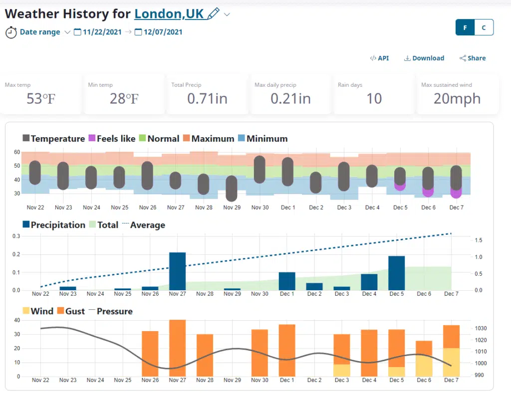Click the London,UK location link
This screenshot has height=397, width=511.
[169, 13]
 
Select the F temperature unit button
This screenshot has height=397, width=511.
[465, 28]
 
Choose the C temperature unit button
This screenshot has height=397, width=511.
[484, 28]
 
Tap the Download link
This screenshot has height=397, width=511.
[424, 58]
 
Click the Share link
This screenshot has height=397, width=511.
[473, 58]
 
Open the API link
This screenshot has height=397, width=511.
[379, 58]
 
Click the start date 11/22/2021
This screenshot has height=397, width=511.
[102, 32]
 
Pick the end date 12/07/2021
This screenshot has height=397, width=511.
[163, 32]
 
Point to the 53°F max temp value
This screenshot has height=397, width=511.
[41, 99]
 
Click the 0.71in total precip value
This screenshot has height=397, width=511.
[207, 99]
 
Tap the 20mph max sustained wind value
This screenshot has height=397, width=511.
[457, 99]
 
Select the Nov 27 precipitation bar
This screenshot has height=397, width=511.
[177, 271]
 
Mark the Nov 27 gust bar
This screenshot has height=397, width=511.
[177, 348]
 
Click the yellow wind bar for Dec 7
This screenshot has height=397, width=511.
[451, 363]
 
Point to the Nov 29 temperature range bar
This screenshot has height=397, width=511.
[231, 189]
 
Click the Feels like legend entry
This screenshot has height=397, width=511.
[112, 139]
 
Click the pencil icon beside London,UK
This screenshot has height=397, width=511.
[213, 13]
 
